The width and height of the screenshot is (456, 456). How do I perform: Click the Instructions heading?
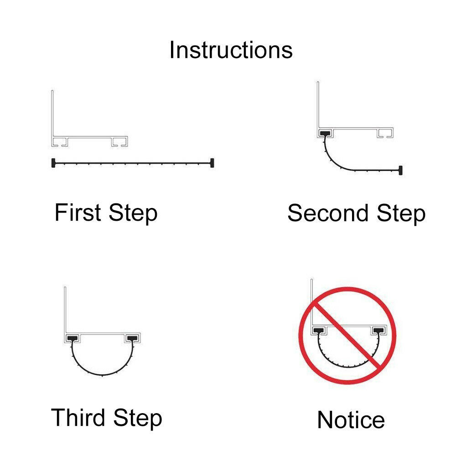(x=231, y=50)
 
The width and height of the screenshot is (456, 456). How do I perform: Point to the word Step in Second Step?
(x=401, y=214)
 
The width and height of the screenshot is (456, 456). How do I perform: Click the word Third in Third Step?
(x=78, y=417)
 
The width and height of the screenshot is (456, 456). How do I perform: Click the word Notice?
(x=351, y=420)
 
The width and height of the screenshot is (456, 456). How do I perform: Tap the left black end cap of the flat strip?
(x=54, y=162)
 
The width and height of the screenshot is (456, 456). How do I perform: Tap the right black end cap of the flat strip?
(x=212, y=162)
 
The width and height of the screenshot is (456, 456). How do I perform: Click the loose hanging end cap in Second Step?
(x=401, y=170)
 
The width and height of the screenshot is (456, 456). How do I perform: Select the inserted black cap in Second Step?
(x=326, y=134)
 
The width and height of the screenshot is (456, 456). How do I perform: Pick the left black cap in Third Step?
(x=72, y=338)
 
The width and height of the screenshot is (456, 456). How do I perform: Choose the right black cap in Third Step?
(x=133, y=338)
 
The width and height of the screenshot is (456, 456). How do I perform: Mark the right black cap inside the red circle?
(x=378, y=330)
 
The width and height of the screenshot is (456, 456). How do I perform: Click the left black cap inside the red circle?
(x=318, y=330)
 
